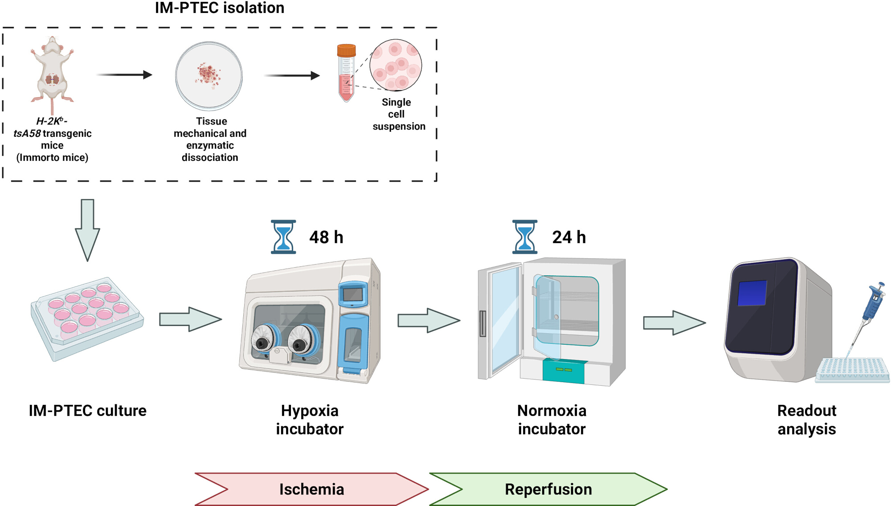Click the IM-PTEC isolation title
point(219,8)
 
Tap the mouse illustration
point(52,73)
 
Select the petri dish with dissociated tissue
point(208,76)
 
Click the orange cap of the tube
point(346,50)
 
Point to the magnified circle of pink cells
point(396,65)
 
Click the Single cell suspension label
point(398,114)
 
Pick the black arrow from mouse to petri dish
point(124,75)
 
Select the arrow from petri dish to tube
point(292,76)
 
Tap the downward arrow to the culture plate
point(87,230)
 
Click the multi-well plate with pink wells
point(87,318)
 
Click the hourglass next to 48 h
point(283,237)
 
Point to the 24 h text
point(569,237)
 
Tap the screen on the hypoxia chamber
point(353,294)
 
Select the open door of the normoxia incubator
point(500,321)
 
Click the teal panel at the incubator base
point(564,371)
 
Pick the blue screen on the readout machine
point(752,293)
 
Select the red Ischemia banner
point(311,489)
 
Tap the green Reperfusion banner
point(548,489)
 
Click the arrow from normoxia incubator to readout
point(674,323)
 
